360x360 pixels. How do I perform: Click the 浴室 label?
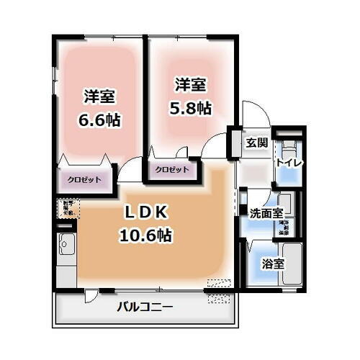click(272, 264)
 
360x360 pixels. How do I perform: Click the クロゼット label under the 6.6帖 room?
click(85, 179)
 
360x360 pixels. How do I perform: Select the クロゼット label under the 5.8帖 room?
click(172, 169)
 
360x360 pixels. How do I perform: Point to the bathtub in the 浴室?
click(292, 263)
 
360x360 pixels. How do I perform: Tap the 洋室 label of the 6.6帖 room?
click(100, 96)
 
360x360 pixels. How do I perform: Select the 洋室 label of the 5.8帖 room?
click(190, 85)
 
